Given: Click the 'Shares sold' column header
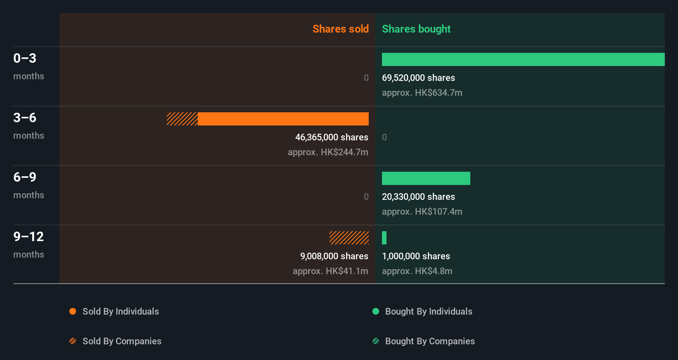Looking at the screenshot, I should (340, 29).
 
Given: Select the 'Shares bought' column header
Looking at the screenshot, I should (416, 29).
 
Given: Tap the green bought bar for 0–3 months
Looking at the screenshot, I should (523, 59).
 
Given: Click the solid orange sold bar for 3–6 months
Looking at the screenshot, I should (283, 119).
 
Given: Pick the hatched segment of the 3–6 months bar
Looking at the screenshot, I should (182, 119).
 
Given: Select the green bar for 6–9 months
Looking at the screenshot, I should (426, 178).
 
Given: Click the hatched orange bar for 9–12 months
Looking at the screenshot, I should (349, 238).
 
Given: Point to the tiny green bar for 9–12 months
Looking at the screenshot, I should (384, 238).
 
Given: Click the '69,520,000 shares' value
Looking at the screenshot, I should (418, 78).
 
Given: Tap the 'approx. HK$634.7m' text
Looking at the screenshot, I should (422, 93).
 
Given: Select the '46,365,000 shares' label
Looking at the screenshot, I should (332, 137).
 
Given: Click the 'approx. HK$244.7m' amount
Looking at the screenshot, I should (328, 152).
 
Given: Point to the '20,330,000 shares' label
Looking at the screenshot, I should (418, 197).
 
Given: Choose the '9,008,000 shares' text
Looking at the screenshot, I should (334, 256).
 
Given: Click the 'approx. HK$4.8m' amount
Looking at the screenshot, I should (417, 271).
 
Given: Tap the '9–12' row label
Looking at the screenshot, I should (28, 237).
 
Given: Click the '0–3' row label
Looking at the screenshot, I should (25, 58).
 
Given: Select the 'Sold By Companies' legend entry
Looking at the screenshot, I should (122, 341).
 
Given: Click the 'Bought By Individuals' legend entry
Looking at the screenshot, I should (428, 311).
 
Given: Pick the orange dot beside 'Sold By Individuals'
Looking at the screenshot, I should (73, 311).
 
